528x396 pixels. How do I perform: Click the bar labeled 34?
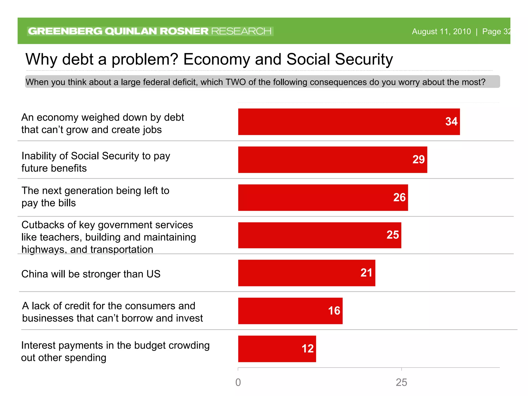coord(349,122)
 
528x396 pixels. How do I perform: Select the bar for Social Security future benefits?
coord(333,160)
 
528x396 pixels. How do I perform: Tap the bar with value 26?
coord(323,197)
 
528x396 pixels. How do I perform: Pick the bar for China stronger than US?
coord(307,273)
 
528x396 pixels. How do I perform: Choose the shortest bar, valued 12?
coord(277,349)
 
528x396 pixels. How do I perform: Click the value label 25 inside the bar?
coord(392,235)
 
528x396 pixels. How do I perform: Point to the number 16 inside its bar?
coord(334,311)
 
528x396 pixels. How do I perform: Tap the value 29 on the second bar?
coord(418,159)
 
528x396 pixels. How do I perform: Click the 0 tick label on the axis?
coord(238,382)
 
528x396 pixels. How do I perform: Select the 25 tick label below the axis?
coord(401,382)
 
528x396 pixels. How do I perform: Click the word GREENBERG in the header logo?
coord(65,31)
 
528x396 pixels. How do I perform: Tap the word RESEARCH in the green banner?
coord(241,31)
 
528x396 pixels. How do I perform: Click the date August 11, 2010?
coord(441,31)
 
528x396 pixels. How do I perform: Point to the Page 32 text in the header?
coord(496,31)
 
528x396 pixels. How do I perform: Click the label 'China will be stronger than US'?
coord(91,274)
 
